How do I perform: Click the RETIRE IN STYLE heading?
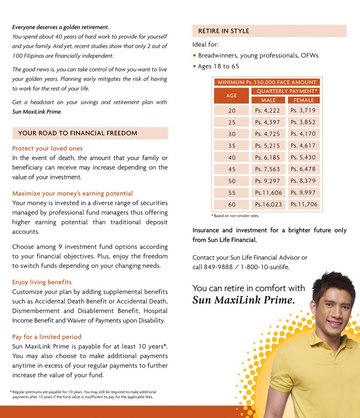point(223,31)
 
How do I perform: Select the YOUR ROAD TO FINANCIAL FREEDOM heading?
point(78,133)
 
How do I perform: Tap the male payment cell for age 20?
point(268,111)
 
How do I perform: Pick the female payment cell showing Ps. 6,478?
point(303,169)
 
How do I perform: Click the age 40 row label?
point(232,157)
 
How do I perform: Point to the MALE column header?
point(268,100)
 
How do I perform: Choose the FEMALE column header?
point(303,100)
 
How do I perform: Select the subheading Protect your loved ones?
point(47,149)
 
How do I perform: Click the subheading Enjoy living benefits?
point(42,282)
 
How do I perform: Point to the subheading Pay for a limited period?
point(47,337)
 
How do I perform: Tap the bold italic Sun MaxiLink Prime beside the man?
point(243,300)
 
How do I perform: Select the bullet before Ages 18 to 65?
point(194,66)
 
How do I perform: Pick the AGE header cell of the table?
point(232,95)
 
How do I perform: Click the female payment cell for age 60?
point(303,205)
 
